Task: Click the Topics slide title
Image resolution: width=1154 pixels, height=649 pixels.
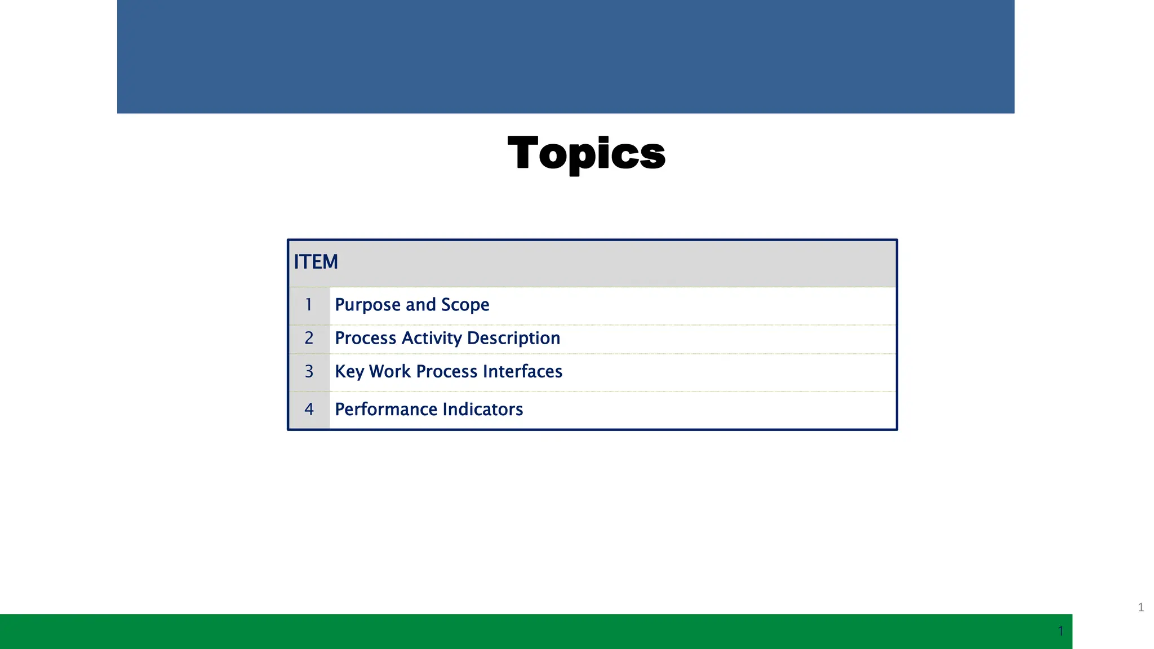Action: coord(586,153)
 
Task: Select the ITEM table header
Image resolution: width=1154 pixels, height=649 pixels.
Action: coord(316,262)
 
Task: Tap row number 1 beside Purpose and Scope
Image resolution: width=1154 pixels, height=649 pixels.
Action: coord(309,305)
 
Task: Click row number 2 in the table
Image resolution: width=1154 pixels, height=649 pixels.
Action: coord(309,338)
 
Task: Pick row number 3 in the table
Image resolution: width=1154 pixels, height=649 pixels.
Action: coord(309,371)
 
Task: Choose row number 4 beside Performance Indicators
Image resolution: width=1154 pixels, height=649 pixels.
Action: coord(309,409)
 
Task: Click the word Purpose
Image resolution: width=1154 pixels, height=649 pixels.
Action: coord(367,305)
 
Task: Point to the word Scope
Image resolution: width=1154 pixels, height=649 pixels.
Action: coord(465,305)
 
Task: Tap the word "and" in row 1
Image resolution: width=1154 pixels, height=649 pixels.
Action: coord(420,305)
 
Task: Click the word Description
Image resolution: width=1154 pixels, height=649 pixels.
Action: coord(513,338)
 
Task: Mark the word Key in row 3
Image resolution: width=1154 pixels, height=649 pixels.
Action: coord(349,372)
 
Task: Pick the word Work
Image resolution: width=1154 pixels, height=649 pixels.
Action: coord(390,371)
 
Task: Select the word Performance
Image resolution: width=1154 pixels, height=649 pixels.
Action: coord(379,409)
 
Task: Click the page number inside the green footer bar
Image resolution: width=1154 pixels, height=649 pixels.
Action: coord(1060,631)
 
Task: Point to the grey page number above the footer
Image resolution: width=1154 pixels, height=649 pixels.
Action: coord(1140,607)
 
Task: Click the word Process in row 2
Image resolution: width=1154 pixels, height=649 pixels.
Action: coord(366,338)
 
